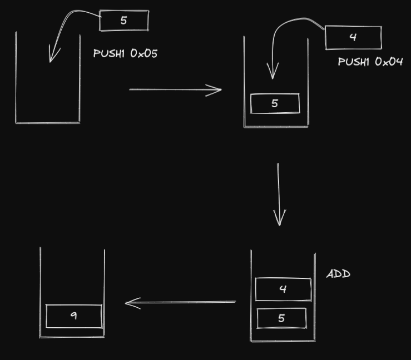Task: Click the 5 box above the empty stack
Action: (123, 21)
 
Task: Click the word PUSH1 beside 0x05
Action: (110, 53)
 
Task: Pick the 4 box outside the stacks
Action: (353, 37)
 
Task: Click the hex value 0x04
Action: (389, 61)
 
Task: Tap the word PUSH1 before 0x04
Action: (354, 61)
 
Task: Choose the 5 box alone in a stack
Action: (275, 103)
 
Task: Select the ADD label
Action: (338, 274)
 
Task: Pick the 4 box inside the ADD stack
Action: (283, 289)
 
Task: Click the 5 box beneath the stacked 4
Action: (281, 318)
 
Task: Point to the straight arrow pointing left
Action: (181, 302)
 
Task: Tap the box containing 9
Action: (73, 316)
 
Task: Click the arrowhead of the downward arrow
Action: (279, 219)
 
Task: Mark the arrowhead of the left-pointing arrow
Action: (131, 303)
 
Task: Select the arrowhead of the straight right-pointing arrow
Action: (216, 89)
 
